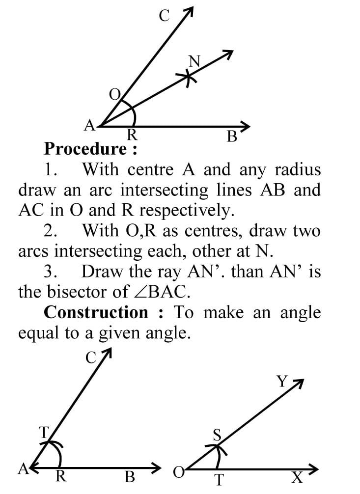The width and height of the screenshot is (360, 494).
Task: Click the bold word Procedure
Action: pos(85,148)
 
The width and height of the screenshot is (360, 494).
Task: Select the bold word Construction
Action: pos(96,312)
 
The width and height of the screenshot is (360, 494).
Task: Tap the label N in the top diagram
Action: pos(194,61)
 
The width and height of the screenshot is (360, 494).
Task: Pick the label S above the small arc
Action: pos(218,435)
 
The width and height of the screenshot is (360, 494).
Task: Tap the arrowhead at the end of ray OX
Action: pos(310,469)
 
